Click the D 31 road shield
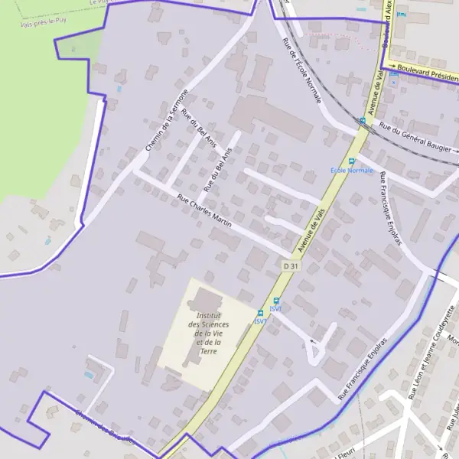(x=288, y=265)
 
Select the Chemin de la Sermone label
(x=167, y=119)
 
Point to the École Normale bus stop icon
(x=352, y=161)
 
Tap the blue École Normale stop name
(x=351, y=170)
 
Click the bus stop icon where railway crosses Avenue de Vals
(x=363, y=120)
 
